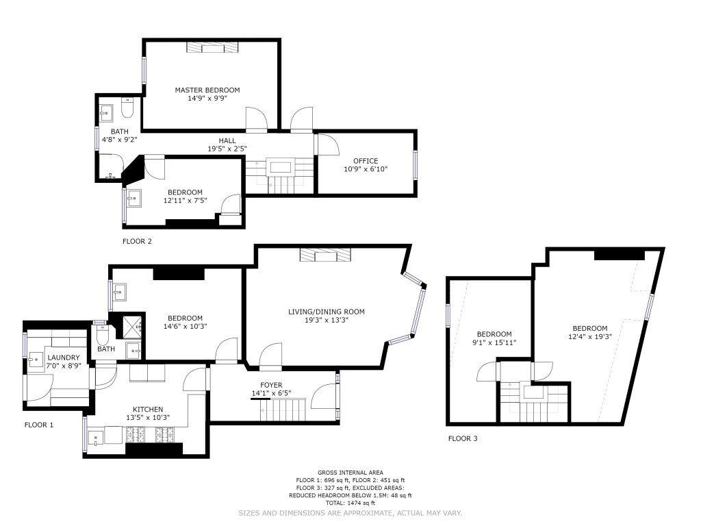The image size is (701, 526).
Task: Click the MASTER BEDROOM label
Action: pyautogui.click(x=207, y=90)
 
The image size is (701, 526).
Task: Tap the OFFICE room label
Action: pyautogui.click(x=366, y=161)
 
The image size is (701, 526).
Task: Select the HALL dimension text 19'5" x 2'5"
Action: pyautogui.click(x=227, y=149)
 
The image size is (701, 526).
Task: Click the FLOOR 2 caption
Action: pyautogui.click(x=137, y=242)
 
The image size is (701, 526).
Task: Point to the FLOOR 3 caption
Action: pyautogui.click(x=463, y=439)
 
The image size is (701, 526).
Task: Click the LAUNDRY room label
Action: pyautogui.click(x=64, y=358)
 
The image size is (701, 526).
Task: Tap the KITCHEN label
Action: pyautogui.click(x=148, y=410)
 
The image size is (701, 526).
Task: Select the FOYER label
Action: pyautogui.click(x=271, y=385)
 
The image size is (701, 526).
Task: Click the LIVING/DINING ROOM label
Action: pyautogui.click(x=327, y=312)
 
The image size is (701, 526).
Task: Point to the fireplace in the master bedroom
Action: pyautogui.click(x=212, y=47)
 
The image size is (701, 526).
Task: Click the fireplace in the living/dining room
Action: pyautogui.click(x=325, y=255)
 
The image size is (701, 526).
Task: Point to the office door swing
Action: pyautogui.click(x=328, y=144)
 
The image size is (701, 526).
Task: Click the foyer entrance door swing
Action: pyautogui.click(x=323, y=396)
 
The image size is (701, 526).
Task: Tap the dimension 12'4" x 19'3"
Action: pyautogui.click(x=589, y=337)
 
